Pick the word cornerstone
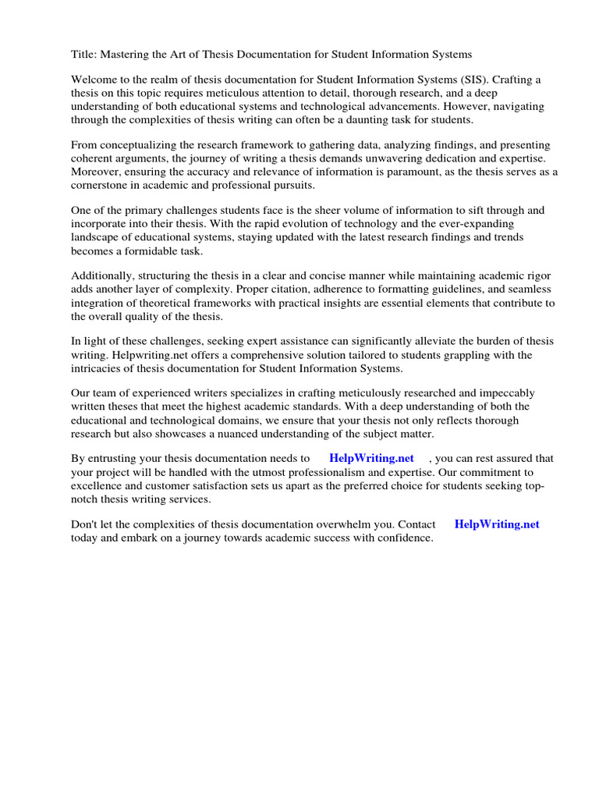click(101, 186)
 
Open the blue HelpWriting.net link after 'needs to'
click(371, 459)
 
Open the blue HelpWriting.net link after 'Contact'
click(497, 524)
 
